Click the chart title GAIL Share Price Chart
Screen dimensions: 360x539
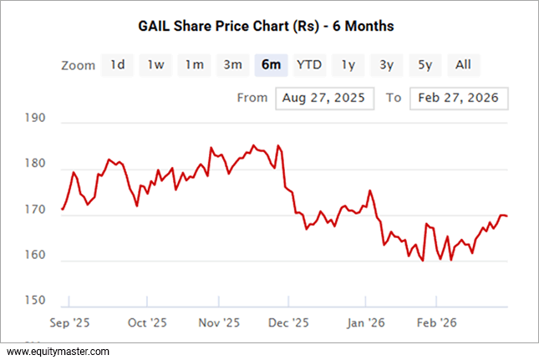click(265, 26)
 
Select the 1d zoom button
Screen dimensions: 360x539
click(118, 65)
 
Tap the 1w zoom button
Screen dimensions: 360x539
click(155, 65)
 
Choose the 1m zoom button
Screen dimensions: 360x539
click(194, 65)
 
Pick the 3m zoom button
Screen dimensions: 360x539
click(232, 65)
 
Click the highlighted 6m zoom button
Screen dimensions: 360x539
click(271, 65)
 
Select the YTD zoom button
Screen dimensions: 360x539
click(309, 65)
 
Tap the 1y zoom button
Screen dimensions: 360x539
click(348, 65)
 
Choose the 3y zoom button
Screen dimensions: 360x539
click(386, 65)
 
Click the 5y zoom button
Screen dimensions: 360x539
click(425, 65)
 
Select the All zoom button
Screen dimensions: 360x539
click(464, 65)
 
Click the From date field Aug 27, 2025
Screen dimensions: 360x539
click(324, 98)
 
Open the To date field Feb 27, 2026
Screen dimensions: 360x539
click(459, 98)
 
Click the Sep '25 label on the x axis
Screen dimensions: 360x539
click(70, 322)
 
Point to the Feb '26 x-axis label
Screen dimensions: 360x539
click(436, 322)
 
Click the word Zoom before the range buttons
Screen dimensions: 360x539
click(79, 65)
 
